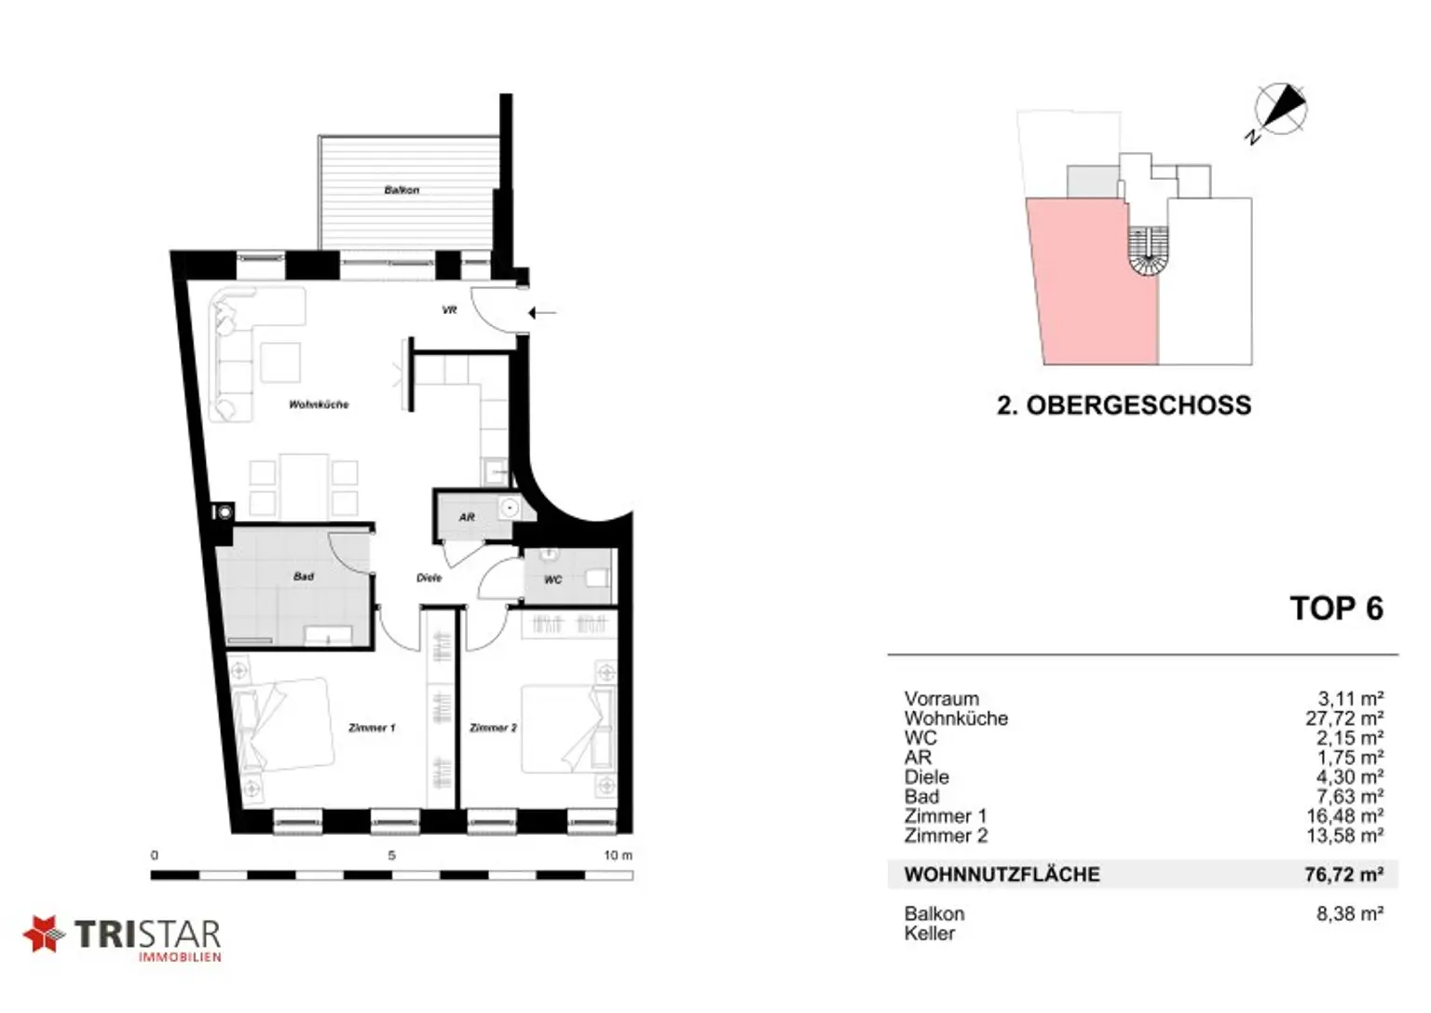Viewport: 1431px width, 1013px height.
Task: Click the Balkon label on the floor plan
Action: coord(402,190)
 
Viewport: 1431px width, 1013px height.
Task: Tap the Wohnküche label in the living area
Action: coord(319,404)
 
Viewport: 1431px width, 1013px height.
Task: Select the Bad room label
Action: coord(304,577)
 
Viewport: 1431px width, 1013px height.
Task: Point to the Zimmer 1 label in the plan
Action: coord(372,727)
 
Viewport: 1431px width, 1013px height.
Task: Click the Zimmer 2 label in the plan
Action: coord(493,727)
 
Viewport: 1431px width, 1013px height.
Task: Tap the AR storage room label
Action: coord(467,517)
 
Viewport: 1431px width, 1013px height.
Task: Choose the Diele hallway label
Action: coord(429,578)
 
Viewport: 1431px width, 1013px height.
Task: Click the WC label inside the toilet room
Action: coord(552,580)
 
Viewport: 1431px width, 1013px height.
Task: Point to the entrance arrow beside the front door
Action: coord(542,313)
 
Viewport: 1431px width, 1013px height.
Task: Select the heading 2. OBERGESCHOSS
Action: coord(1124,405)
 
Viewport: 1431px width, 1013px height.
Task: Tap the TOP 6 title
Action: coord(1337,608)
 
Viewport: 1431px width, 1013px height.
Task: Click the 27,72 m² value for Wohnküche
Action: coord(1344,719)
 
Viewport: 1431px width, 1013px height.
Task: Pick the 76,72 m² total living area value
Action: coord(1344,874)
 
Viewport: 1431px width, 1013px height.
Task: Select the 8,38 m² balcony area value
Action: coord(1350,914)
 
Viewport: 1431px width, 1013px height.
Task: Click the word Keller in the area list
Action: coord(930,933)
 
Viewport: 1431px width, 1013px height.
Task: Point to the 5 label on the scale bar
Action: coord(391,856)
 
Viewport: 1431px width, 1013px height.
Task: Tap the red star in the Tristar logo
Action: coord(44,934)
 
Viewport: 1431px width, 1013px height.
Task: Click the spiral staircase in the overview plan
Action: coord(1148,252)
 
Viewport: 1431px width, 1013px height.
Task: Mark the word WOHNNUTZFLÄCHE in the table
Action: coord(1002,874)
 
